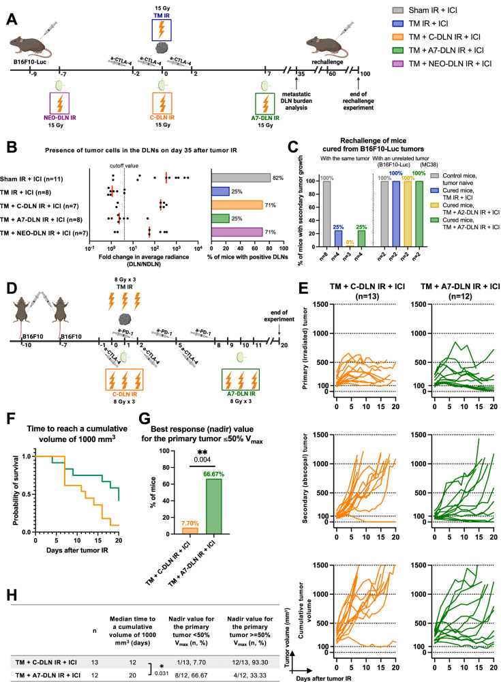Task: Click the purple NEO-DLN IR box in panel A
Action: (x=59, y=103)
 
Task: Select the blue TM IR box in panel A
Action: (x=162, y=30)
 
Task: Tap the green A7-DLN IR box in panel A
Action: (x=265, y=104)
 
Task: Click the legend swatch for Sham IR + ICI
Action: (x=398, y=10)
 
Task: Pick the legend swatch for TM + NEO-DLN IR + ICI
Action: (x=398, y=63)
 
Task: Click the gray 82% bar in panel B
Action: (x=241, y=178)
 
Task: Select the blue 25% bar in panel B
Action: (x=220, y=192)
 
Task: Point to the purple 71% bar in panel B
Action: (x=237, y=232)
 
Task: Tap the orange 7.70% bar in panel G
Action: (x=190, y=531)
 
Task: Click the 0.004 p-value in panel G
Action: (x=202, y=460)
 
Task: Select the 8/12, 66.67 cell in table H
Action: (x=192, y=675)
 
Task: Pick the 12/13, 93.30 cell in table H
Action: (x=250, y=662)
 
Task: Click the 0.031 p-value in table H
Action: (x=162, y=673)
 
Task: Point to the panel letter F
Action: (x=12, y=419)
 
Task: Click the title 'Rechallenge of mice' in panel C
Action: (x=373, y=140)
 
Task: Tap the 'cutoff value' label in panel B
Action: (x=124, y=166)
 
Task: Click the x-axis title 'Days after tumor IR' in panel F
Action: (x=77, y=550)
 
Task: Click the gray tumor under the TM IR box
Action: (x=162, y=48)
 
